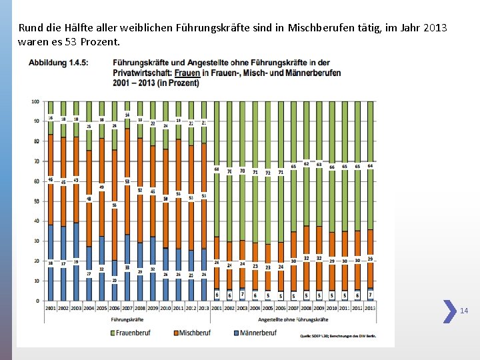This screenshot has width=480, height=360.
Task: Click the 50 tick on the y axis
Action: point(37,201)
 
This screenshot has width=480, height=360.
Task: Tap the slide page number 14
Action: point(464,311)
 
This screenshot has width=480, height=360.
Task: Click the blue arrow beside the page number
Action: point(450,311)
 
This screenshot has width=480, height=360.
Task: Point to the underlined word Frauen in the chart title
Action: point(191,73)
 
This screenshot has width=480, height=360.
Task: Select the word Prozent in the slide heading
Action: point(99,42)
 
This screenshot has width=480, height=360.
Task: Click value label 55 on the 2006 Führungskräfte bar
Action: point(115,205)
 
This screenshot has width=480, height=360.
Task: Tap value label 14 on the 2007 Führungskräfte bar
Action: point(127,115)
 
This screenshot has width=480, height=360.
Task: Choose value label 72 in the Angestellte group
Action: point(268,173)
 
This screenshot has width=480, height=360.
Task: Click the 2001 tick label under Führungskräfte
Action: point(51,308)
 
